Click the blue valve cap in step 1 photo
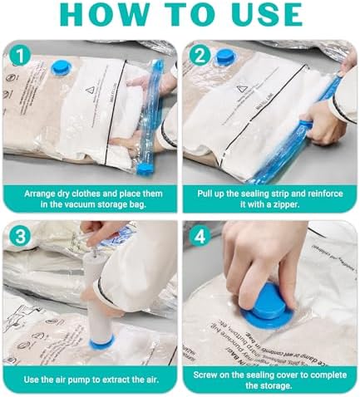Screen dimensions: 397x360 pyautogui.click(x=63, y=66)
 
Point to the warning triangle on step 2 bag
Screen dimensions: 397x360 pyautogui.click(x=264, y=89)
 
